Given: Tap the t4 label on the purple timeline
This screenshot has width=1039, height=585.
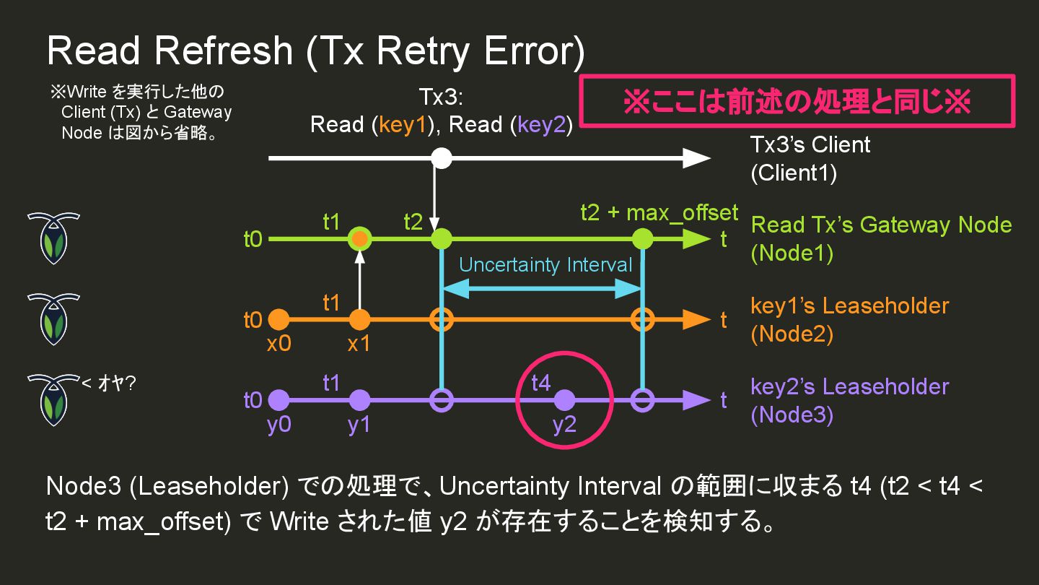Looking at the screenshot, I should (541, 383).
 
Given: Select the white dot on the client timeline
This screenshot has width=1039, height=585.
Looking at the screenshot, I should (442, 158).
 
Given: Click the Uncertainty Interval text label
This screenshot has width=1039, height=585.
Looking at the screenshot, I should (545, 265).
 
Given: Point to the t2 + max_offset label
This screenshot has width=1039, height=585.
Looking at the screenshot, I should (659, 213).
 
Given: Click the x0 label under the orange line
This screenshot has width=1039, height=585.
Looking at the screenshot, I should (279, 344).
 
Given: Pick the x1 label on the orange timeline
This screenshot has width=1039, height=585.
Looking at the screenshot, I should (359, 344).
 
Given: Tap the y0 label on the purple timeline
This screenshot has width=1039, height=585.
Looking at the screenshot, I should (279, 425).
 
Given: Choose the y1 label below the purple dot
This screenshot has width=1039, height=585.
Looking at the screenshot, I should (359, 425).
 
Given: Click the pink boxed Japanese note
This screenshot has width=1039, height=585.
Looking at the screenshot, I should (797, 102).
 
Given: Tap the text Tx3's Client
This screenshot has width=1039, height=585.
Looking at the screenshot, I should (810, 145).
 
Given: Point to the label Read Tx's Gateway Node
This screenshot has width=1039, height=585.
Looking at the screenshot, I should (881, 225).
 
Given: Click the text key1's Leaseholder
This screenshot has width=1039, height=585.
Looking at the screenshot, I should (849, 306).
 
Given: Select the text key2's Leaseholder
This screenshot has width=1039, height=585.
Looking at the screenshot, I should (849, 387).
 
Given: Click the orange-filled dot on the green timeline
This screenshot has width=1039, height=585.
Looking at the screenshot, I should (359, 238).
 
